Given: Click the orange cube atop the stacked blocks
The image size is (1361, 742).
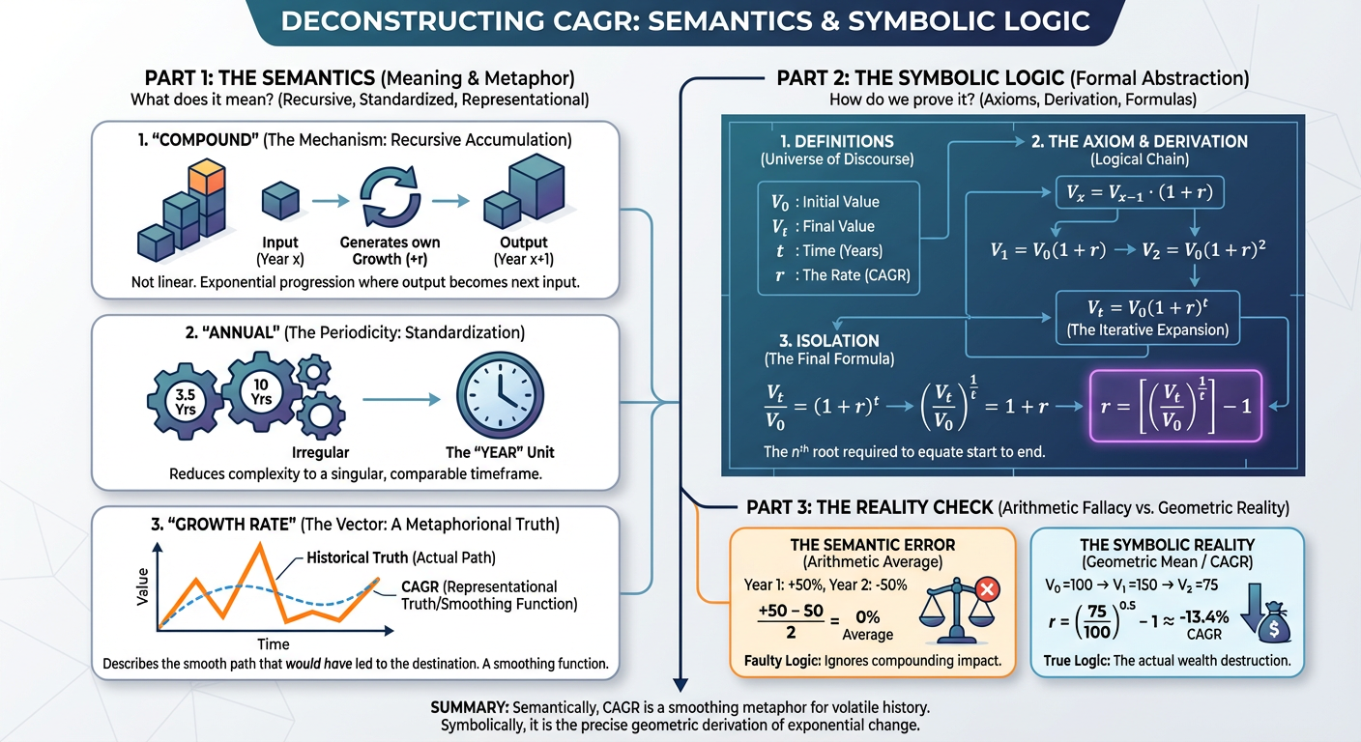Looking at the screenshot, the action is coord(207,176).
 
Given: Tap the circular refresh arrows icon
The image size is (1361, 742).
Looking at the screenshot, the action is coord(390,197).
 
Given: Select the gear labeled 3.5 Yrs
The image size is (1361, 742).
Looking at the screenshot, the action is coord(185,401).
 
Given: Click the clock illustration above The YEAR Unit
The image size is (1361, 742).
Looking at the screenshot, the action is coord(500,395).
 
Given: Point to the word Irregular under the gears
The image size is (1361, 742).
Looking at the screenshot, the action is coord(320,452).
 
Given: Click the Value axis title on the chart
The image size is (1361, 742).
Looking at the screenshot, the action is coord(143,586).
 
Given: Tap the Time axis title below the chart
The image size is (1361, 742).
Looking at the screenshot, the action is coord(273,643).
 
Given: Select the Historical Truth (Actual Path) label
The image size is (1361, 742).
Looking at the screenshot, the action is coord(401,557).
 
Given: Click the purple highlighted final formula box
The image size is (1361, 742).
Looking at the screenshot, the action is coord(1175,406).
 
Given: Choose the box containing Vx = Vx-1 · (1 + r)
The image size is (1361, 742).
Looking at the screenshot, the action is coord(1140,192).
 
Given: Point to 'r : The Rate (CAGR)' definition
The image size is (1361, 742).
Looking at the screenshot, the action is coord(842,275).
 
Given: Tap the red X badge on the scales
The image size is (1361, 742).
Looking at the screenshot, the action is coord(987,589).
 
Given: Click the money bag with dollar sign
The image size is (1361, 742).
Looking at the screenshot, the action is coord(1274,623).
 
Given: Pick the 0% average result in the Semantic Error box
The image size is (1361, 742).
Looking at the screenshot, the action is coord(868,617).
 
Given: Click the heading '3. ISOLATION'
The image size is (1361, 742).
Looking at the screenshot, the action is coord(828,341).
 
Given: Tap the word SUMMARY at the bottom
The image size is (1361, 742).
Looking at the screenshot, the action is coord(470,707).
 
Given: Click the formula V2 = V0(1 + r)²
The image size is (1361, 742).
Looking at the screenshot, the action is coord(1203,250).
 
